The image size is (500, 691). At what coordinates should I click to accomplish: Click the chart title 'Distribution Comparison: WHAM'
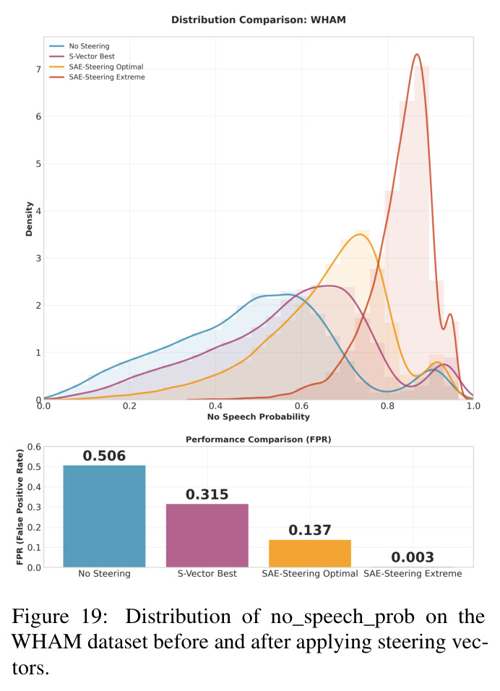tap(258, 20)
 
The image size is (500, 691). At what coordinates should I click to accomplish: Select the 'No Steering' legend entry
tap(79, 46)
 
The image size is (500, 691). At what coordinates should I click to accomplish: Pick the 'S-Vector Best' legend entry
tap(82, 56)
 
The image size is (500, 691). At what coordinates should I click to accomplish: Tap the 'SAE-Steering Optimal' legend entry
tap(96, 66)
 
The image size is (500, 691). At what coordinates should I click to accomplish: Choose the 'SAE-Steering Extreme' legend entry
tap(97, 77)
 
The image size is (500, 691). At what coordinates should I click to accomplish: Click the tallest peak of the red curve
tap(417, 54)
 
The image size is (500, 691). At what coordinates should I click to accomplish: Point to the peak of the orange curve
tap(360, 234)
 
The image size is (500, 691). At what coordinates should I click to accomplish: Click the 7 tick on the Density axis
tap(39, 69)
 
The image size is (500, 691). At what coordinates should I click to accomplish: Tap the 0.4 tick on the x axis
tap(215, 406)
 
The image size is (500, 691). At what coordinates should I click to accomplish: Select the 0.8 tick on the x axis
tap(388, 406)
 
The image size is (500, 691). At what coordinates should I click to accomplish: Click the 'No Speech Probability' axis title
tap(259, 416)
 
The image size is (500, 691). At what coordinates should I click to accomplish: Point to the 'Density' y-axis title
tap(29, 219)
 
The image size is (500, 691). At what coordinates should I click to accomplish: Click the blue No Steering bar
tap(104, 516)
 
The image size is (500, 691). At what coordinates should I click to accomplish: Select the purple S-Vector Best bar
tap(207, 536)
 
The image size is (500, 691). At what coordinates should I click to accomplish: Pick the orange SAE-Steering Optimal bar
tap(310, 554)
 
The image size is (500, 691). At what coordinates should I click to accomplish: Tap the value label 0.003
tap(413, 557)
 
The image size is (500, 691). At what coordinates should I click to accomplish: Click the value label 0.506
tap(104, 455)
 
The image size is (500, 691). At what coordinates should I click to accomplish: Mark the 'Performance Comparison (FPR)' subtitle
tap(259, 439)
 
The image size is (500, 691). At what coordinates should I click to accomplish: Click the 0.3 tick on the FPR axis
tap(35, 507)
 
